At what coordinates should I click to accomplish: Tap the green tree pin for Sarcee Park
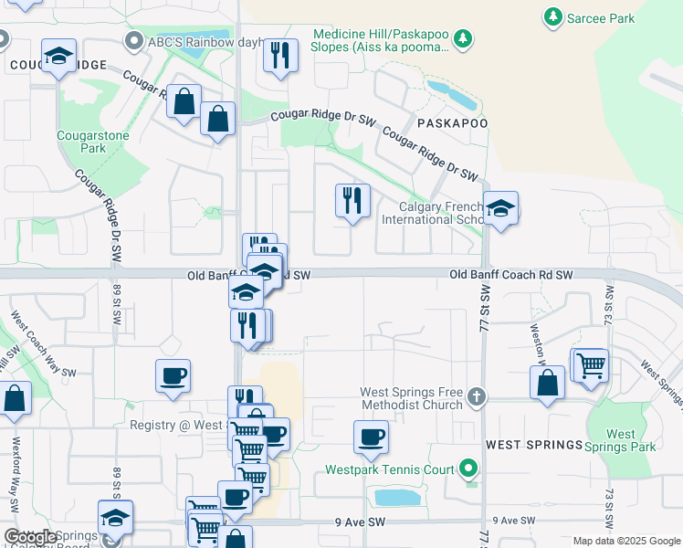pyautogui.click(x=552, y=16)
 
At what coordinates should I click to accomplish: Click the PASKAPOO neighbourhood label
pyautogui.click(x=452, y=122)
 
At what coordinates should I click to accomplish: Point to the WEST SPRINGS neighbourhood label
pyautogui.click(x=534, y=445)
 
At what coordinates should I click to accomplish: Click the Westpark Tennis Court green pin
pyautogui.click(x=469, y=469)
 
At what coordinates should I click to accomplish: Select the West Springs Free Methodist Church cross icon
pyautogui.click(x=475, y=397)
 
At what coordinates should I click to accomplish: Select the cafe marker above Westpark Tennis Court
pyautogui.click(x=371, y=437)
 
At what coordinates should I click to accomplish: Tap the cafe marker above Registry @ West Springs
pyautogui.click(x=172, y=376)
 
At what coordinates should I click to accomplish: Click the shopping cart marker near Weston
pyautogui.click(x=590, y=365)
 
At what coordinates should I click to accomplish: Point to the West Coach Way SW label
pyautogui.click(x=41, y=344)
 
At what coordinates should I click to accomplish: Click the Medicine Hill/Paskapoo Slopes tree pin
pyautogui.click(x=464, y=37)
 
